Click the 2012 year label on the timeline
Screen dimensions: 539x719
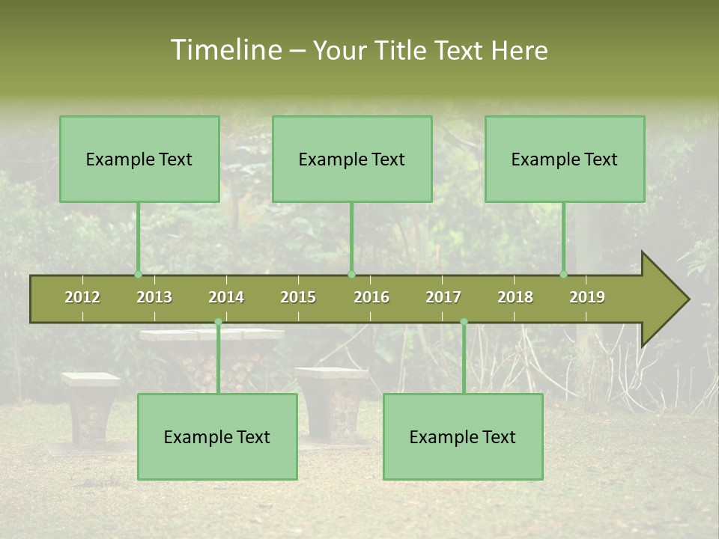click(x=82, y=297)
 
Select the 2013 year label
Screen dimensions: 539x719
click(x=154, y=297)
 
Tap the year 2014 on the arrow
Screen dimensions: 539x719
click(x=226, y=297)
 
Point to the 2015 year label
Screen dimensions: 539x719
click(x=298, y=297)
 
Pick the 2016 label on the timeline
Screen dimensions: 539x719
click(x=371, y=297)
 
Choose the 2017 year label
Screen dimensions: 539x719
click(x=443, y=297)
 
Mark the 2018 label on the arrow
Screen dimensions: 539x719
click(x=515, y=297)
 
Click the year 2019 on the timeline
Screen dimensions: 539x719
click(x=587, y=297)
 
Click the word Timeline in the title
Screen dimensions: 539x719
click(x=225, y=50)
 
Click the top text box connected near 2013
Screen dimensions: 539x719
click(x=139, y=159)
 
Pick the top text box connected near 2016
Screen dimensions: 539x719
click(x=352, y=159)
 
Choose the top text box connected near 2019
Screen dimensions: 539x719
click(x=565, y=159)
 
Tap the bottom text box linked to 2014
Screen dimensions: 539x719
click(x=217, y=436)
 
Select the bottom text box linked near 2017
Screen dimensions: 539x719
click(x=463, y=436)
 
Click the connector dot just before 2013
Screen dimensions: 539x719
click(x=138, y=275)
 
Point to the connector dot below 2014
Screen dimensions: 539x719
click(x=218, y=322)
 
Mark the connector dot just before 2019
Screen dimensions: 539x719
click(x=564, y=275)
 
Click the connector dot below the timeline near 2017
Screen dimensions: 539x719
click(x=464, y=322)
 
